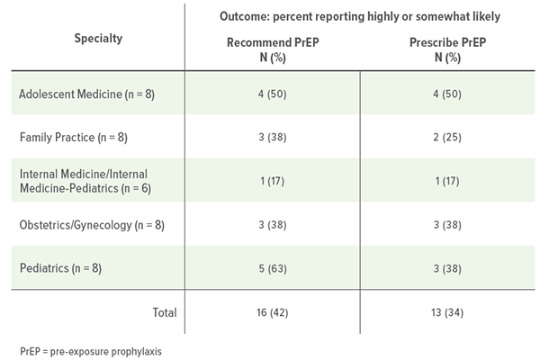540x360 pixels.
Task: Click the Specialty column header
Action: pos(99,39)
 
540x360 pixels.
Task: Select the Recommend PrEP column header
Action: pos(272,49)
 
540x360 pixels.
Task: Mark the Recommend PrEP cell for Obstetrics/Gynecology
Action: pos(272,226)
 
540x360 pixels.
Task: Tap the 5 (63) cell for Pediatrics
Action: pos(272,268)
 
